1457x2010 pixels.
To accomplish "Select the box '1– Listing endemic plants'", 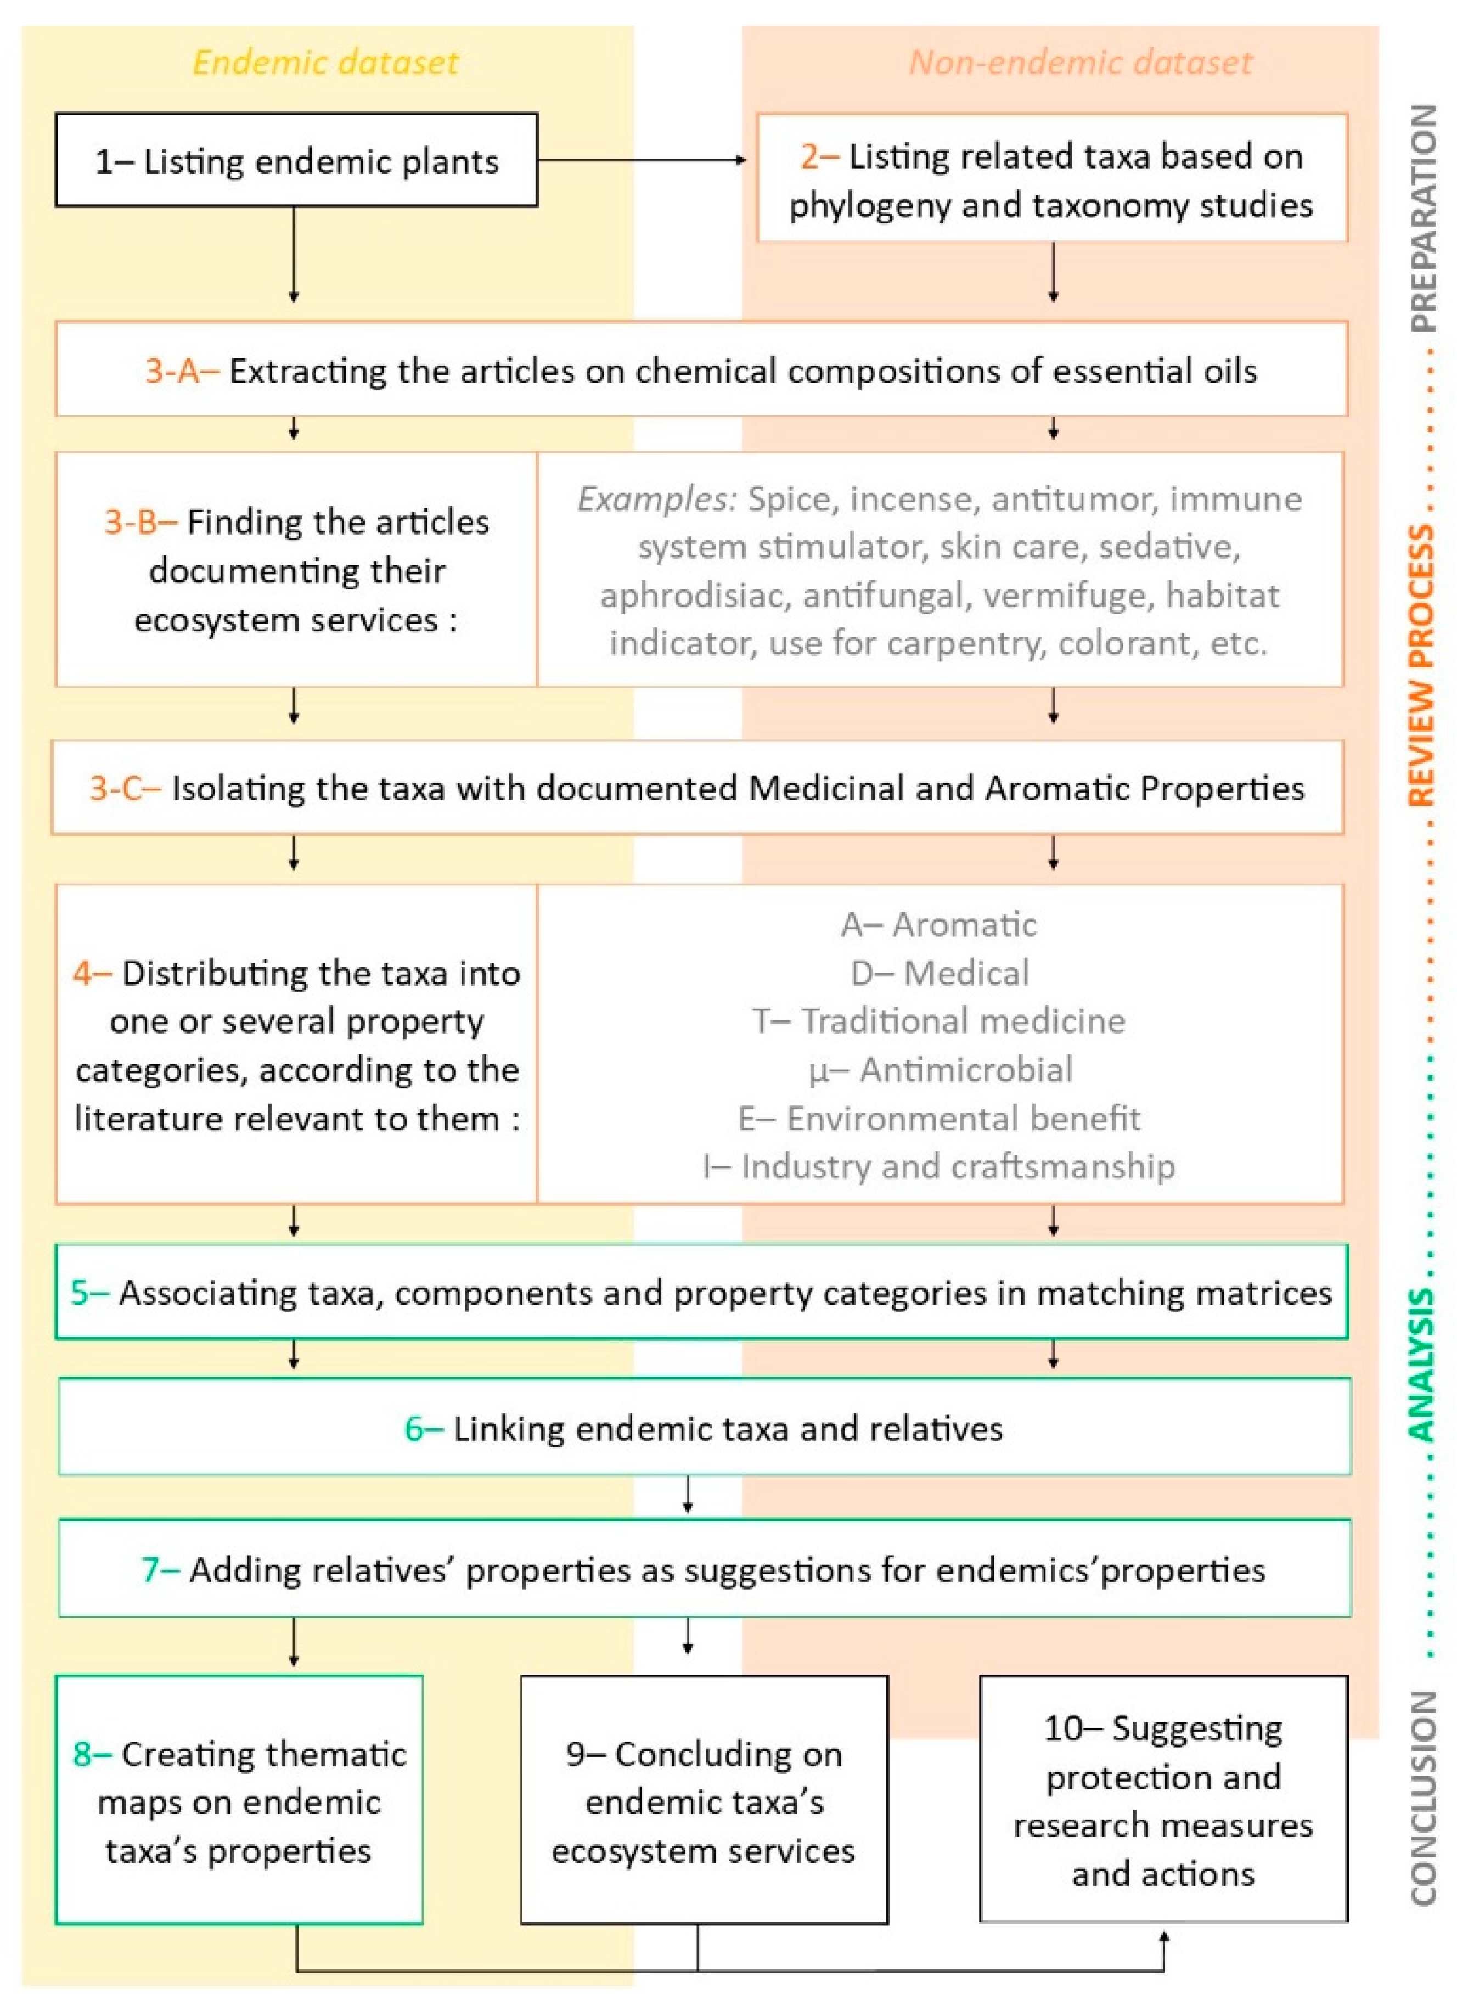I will coord(296,160).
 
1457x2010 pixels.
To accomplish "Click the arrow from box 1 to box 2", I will coord(643,160).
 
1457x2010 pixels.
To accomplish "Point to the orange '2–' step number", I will coord(819,157).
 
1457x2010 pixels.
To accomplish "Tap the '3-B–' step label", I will coord(140,522).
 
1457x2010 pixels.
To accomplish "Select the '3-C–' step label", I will coord(125,788).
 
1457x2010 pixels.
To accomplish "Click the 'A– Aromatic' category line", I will coord(938,924).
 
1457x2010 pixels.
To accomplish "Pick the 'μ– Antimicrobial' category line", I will coord(940,1070).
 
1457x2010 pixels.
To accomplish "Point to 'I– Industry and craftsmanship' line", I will coord(938,1166).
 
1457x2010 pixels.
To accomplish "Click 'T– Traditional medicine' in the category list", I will coord(938,1021).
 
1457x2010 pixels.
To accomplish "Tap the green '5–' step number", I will coord(89,1292).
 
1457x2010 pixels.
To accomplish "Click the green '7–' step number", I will coord(160,1570).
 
